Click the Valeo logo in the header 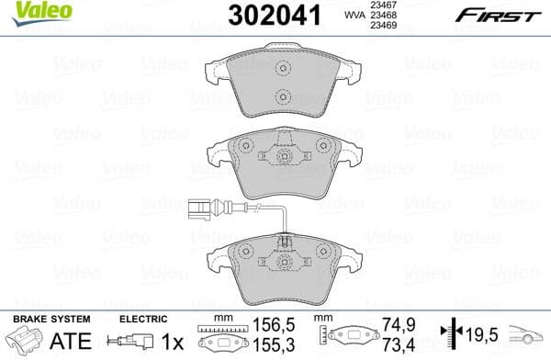tap(30, 11)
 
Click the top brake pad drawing tap(284, 85)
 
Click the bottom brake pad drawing tap(286, 274)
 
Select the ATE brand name tap(45, 341)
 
